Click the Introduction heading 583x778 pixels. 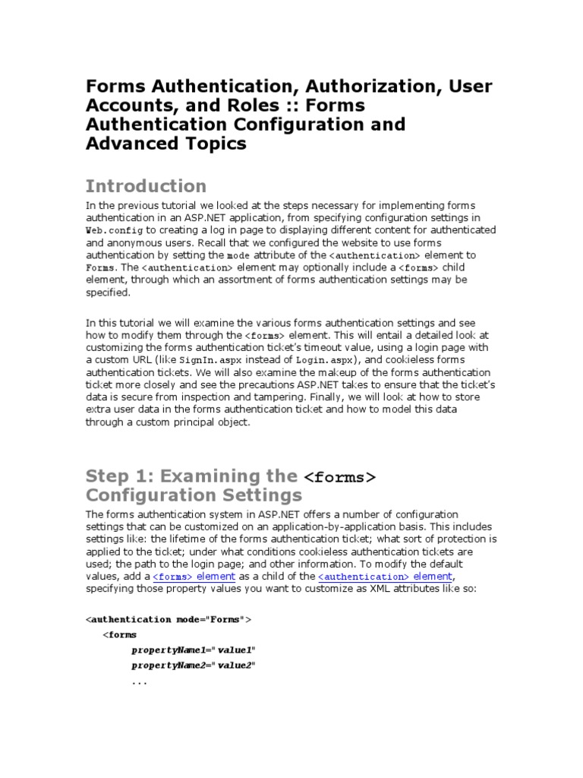pos(146,186)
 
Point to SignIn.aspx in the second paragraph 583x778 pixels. pos(205,359)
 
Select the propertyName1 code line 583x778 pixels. pos(194,650)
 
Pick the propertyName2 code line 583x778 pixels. pos(194,666)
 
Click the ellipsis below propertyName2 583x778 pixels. pos(139,682)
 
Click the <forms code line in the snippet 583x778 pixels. pos(120,634)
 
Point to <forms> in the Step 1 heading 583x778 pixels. pos(339,478)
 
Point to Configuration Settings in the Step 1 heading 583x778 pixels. pos(194,495)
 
